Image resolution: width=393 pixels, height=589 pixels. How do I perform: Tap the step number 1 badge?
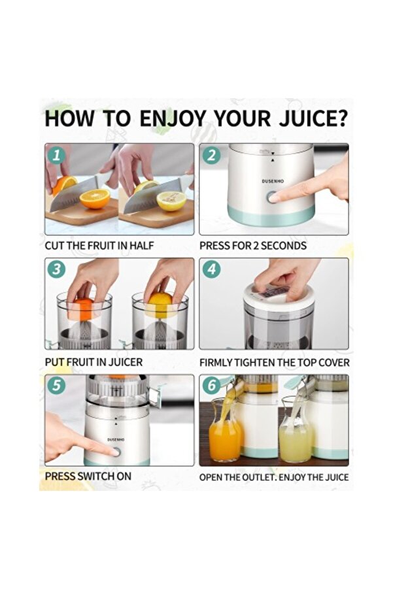57,155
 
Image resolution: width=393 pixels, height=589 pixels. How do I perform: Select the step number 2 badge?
211,155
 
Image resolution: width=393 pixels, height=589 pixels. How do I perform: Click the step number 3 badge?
57,269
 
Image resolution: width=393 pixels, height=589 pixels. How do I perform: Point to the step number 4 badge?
211,269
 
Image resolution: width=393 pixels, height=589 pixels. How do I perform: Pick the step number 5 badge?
57,386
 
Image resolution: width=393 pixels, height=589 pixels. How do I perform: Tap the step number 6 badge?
211,386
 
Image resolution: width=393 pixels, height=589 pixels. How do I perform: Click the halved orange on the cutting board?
95,198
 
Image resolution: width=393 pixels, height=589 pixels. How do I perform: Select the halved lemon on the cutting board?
171,201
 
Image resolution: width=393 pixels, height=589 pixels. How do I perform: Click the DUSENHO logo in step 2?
273,181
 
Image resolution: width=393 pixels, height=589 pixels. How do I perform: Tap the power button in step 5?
117,452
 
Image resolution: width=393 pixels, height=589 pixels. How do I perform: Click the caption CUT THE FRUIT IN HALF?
99,246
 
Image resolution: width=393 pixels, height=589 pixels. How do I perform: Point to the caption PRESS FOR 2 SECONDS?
253,246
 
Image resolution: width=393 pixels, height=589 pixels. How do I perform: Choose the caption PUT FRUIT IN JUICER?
94,362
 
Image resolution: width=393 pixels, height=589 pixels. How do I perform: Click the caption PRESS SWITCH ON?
88,477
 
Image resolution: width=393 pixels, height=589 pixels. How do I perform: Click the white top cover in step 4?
278,297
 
